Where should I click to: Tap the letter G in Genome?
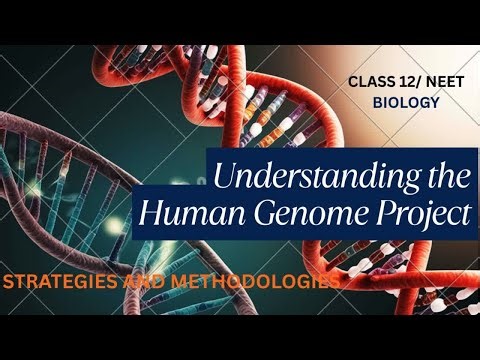[x=247, y=213]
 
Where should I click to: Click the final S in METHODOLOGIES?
[x=331, y=283]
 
